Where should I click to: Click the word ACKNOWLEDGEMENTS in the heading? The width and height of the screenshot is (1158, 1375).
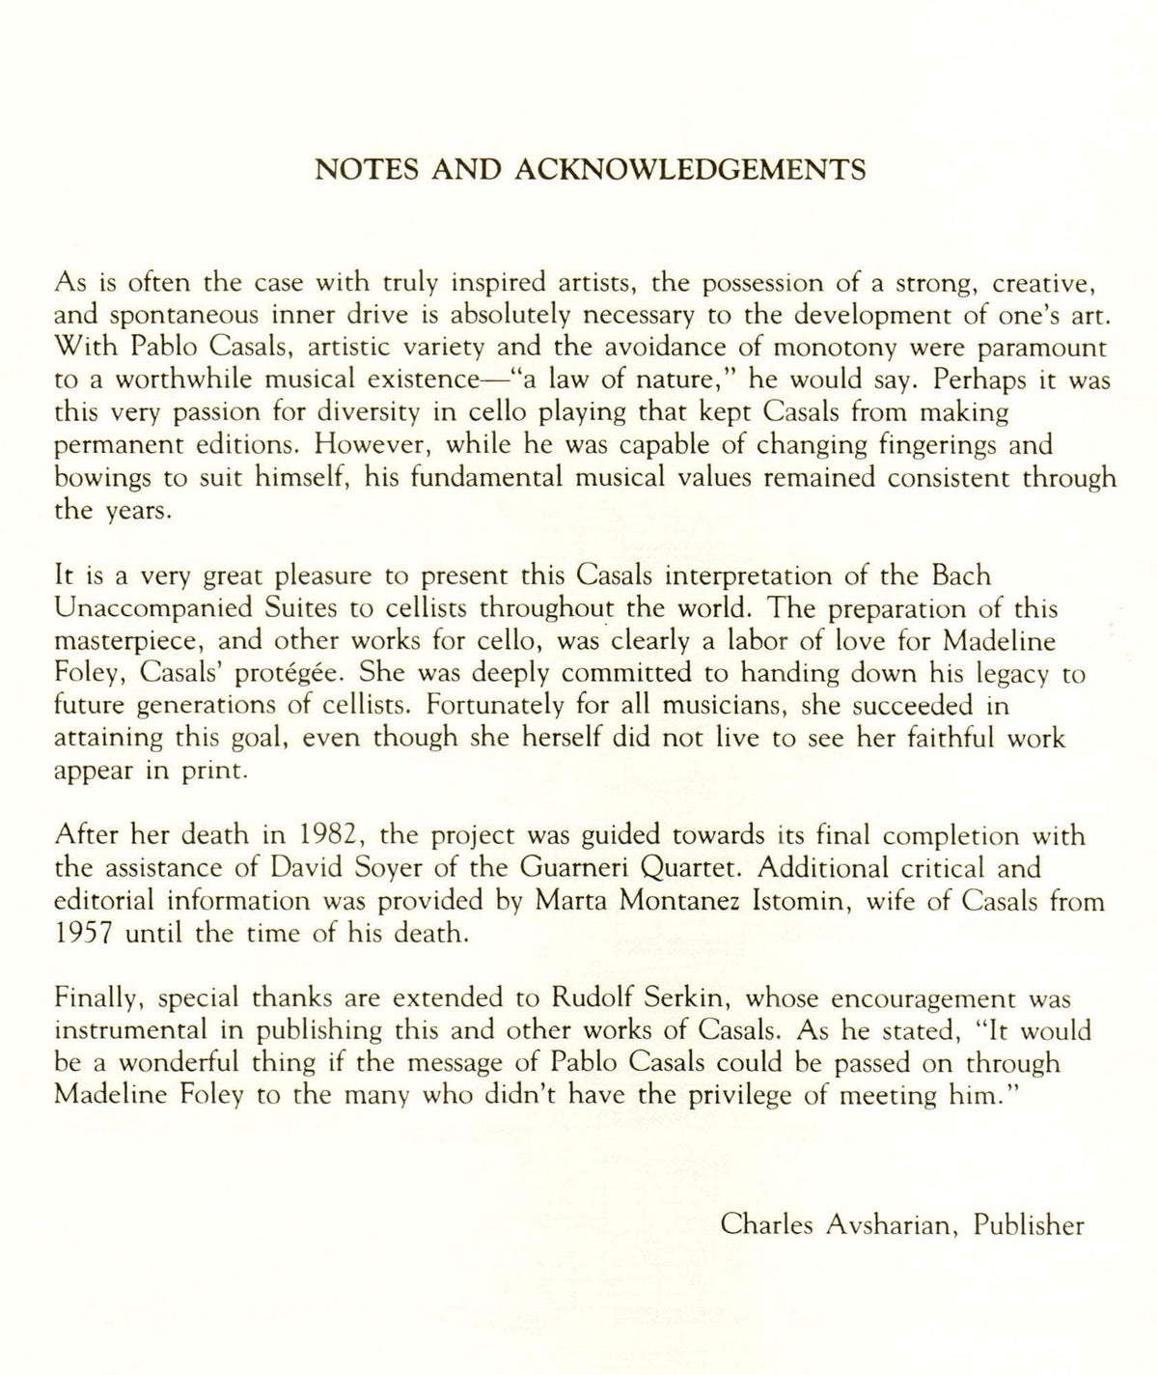click(x=691, y=170)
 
